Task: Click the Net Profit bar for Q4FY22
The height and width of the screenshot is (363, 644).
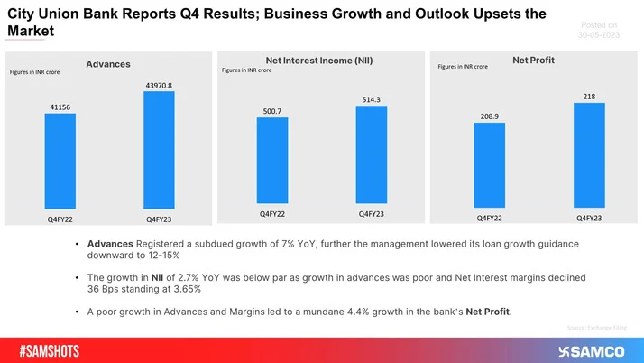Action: tap(489, 167)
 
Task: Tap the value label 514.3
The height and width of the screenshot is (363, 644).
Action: tap(372, 100)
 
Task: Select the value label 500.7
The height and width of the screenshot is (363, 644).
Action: tap(272, 112)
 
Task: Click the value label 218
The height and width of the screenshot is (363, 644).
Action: tap(589, 97)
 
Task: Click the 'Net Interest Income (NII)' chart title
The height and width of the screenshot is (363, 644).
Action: tap(319, 60)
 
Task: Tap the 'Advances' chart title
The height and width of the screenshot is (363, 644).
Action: tap(108, 63)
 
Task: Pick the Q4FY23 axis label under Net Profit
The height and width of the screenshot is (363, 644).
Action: tap(589, 219)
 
